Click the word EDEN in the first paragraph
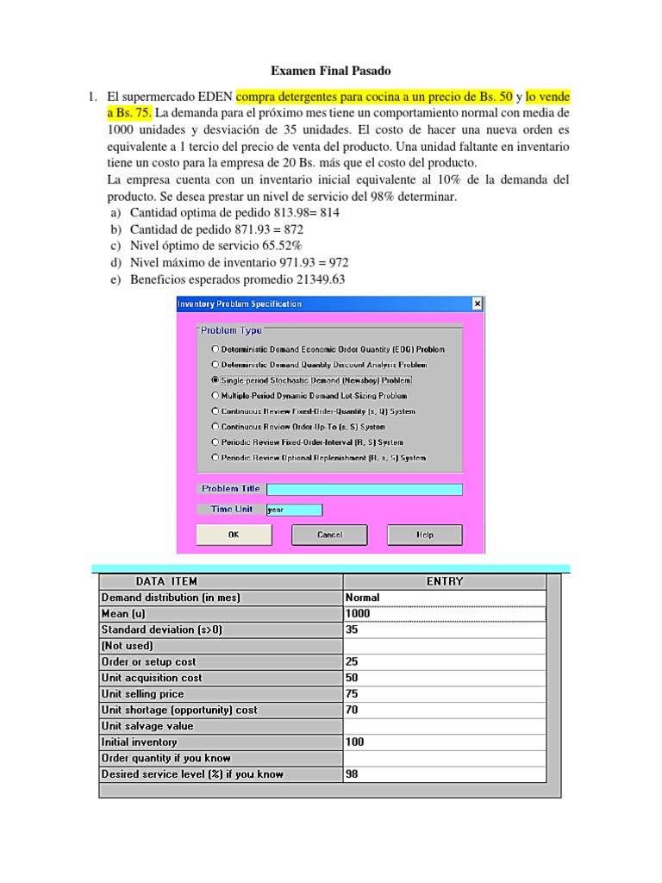click(x=209, y=97)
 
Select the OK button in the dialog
click(x=233, y=535)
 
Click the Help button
click(x=425, y=535)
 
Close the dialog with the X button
click(x=477, y=304)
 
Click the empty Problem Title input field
click(x=364, y=489)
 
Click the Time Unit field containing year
click(x=294, y=510)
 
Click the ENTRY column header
click(x=444, y=581)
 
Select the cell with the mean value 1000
click(x=444, y=614)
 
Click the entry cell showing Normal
click(x=444, y=598)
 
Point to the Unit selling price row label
click(x=143, y=694)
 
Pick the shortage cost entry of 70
click(x=444, y=711)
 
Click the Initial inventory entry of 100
click(x=444, y=742)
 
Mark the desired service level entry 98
click(x=444, y=774)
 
